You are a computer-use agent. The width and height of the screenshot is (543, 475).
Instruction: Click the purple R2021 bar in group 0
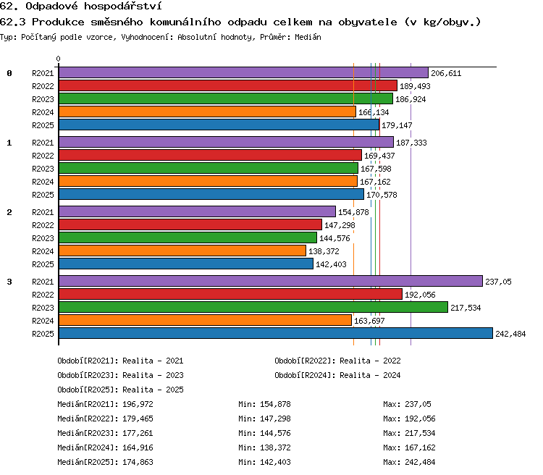[243, 72]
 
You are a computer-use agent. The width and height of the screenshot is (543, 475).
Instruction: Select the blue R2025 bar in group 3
[276, 333]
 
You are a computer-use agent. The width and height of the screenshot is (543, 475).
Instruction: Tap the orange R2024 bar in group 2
[182, 251]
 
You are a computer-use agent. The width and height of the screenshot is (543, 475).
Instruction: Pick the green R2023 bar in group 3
[253, 307]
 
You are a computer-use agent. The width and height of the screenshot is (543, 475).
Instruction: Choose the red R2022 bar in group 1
[210, 155]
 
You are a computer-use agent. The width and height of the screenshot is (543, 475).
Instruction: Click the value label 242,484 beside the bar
[510, 334]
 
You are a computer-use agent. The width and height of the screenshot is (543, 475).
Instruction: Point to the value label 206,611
[446, 73]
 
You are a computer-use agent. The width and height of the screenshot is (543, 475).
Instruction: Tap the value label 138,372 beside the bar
[324, 251]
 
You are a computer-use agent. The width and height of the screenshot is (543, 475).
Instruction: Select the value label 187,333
[411, 143]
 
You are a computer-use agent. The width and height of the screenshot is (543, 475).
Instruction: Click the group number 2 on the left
[9, 212]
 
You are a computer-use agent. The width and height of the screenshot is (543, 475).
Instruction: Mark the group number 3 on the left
[9, 282]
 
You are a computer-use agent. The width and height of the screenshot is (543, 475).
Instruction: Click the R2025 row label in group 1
[43, 195]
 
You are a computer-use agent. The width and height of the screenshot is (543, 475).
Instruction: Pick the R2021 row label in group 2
[43, 212]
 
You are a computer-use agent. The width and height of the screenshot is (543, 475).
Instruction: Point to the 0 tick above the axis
[58, 59]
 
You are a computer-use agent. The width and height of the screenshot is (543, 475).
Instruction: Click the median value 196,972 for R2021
[138, 404]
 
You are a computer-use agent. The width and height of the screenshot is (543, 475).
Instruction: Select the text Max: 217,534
[409, 433]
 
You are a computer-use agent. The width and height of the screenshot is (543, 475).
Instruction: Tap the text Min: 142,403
[264, 462]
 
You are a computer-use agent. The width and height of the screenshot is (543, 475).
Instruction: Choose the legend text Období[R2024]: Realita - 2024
[337, 375]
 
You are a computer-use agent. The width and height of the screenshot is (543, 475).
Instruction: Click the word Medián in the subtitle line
[308, 37]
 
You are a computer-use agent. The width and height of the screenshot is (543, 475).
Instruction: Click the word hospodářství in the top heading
[122, 7]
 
